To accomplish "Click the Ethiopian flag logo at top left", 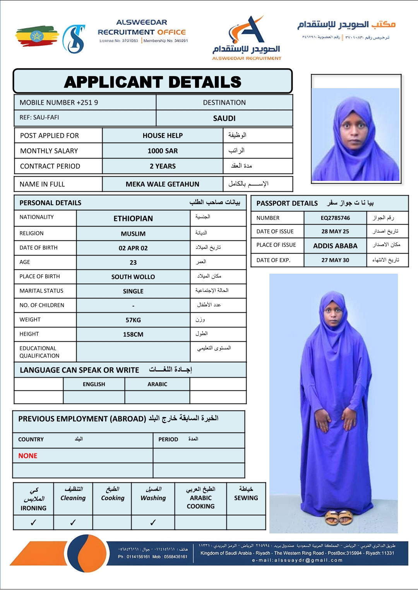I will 37,36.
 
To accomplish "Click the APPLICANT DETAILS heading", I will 152,82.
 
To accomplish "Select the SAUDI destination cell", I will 224,118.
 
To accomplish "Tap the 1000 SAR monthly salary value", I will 163,151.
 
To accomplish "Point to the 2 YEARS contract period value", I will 163,166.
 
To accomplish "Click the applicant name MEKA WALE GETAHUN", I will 162,184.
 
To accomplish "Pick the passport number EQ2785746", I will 335,218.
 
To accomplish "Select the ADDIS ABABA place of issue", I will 335,246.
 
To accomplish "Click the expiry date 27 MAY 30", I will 335,260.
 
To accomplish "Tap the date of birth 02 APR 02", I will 133,248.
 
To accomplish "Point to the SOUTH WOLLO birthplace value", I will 133,277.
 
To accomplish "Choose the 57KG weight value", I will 133,320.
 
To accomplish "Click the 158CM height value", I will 133,334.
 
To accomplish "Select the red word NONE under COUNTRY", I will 28,456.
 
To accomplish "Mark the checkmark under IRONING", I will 33,523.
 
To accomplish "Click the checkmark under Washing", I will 153,523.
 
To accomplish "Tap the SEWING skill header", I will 246,498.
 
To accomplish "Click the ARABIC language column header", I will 157,384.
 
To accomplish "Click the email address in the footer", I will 297,560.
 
